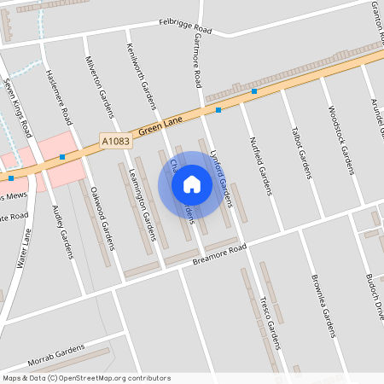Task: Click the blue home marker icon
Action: pos(192,184)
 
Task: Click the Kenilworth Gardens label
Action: pos(142,76)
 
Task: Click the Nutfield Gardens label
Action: pos(259,162)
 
